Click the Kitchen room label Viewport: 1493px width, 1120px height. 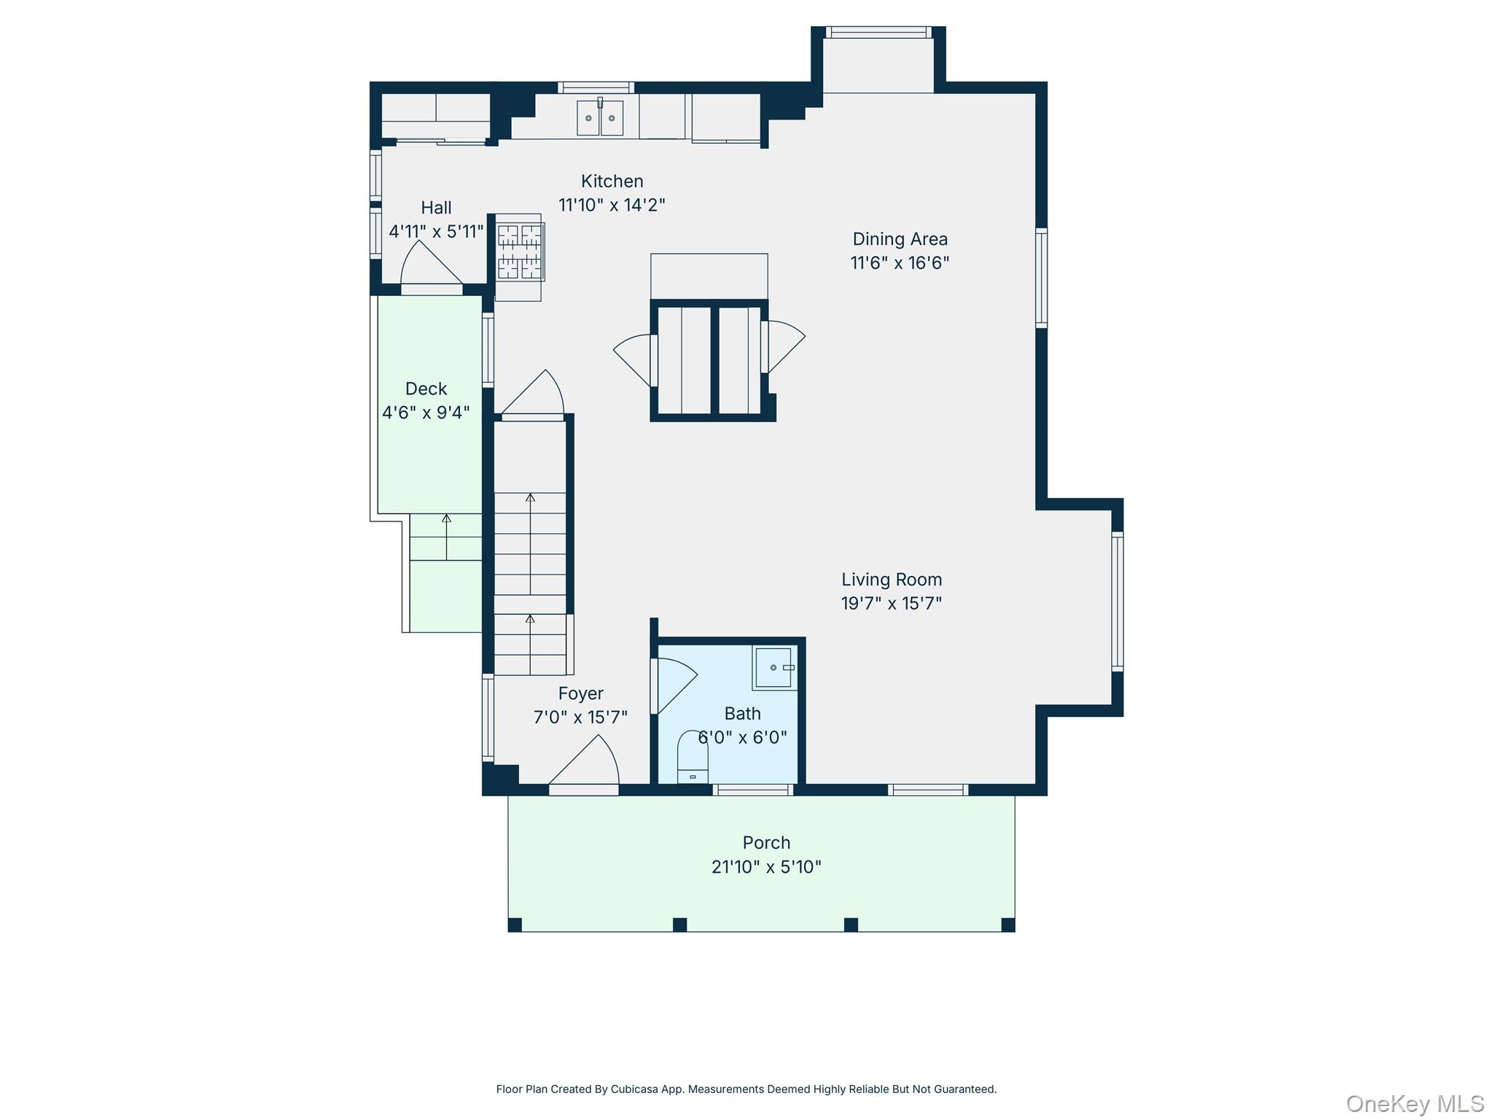pyautogui.click(x=612, y=181)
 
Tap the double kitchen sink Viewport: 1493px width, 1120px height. pyautogui.click(x=600, y=118)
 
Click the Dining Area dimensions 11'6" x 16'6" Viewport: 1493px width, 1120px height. pyautogui.click(x=900, y=263)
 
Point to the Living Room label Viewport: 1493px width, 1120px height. pyautogui.click(x=891, y=580)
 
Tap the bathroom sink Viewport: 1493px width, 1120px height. pyautogui.click(x=773, y=667)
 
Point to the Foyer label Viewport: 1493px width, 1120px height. pyautogui.click(x=580, y=693)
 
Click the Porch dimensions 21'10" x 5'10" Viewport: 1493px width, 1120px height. pyautogui.click(x=765, y=867)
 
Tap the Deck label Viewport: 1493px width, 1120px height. pyautogui.click(x=426, y=389)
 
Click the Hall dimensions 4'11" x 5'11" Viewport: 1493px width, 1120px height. pyautogui.click(x=436, y=232)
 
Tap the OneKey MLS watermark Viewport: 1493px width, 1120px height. pyautogui.click(x=1414, y=1104)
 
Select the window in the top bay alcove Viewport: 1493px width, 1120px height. pyautogui.click(x=878, y=32)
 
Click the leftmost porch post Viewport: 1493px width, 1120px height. pyautogui.click(x=515, y=925)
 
